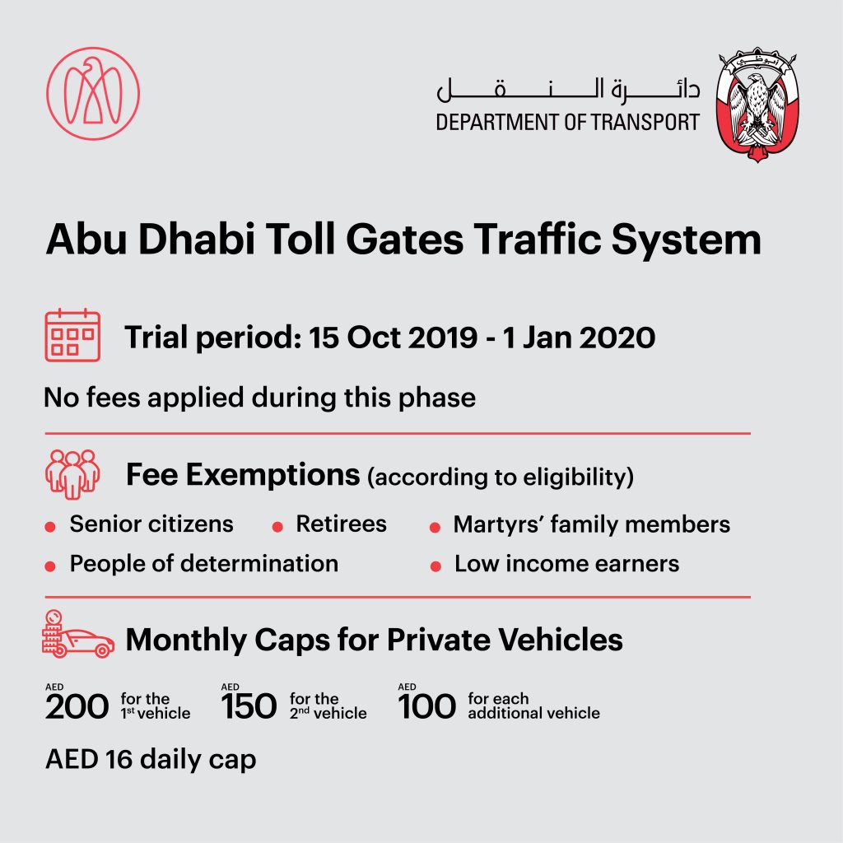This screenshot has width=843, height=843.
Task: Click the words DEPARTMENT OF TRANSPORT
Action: point(567,123)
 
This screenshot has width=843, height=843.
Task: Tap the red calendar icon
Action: point(72,335)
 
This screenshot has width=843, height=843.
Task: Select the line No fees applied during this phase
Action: point(259,398)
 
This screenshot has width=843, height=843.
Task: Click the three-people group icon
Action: point(72,473)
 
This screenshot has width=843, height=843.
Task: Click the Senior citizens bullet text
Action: point(151,524)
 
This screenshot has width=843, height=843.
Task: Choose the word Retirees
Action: point(341,524)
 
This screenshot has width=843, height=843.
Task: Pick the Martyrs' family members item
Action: point(591,524)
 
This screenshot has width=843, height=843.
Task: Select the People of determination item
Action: point(203,564)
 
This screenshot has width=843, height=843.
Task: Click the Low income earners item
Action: point(566,564)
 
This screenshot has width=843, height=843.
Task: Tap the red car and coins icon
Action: point(77,635)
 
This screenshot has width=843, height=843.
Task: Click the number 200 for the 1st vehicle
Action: point(77,706)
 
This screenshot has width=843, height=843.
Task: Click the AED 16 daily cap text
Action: point(151,759)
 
